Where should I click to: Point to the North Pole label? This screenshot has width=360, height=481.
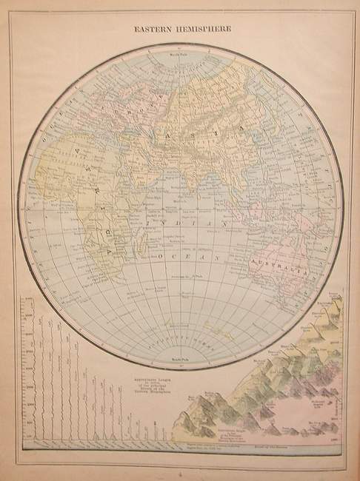(179, 53)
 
